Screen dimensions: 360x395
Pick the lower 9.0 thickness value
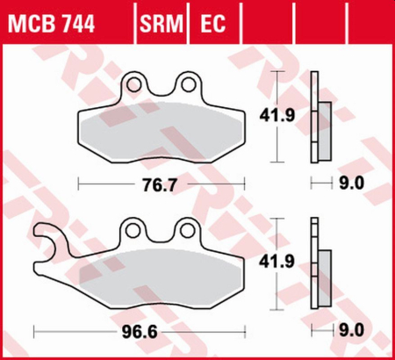tap(351, 333)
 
